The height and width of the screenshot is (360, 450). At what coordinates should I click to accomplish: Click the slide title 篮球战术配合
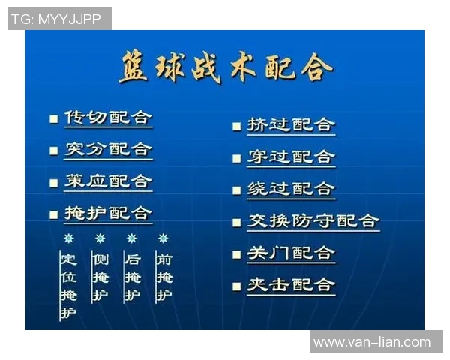tap(225, 68)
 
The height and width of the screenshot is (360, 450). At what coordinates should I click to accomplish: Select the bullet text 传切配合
tap(108, 118)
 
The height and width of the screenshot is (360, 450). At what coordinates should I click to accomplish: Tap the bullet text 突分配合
tap(108, 149)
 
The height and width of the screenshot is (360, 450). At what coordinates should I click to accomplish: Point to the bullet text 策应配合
tap(108, 181)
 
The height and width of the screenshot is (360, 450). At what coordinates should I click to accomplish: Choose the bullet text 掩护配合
tap(108, 213)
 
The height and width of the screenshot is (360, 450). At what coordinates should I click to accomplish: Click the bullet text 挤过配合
tap(291, 125)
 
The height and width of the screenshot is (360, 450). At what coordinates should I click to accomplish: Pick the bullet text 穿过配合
tap(291, 157)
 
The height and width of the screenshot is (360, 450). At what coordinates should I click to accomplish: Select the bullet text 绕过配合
tap(291, 189)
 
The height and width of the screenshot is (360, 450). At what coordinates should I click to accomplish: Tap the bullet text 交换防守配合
tap(313, 221)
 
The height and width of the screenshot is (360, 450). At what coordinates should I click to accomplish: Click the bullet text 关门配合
tap(291, 253)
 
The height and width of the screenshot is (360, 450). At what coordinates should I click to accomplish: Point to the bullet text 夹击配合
tap(291, 285)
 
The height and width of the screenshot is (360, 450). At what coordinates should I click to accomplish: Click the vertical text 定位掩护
tap(69, 285)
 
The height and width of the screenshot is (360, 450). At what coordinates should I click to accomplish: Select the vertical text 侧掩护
tap(100, 277)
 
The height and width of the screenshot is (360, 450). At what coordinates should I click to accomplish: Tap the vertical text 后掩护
tap(132, 277)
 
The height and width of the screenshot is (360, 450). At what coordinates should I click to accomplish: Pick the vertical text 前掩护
tap(163, 277)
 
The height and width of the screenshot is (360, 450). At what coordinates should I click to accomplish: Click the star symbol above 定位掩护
tap(69, 238)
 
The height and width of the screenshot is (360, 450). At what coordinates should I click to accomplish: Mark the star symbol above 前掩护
tap(163, 238)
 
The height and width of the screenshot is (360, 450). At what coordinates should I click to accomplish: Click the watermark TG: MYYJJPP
tap(58, 19)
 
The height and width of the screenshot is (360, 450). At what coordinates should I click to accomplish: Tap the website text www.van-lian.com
tap(372, 342)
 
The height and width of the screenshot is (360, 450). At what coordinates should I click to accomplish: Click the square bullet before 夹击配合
tap(237, 286)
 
